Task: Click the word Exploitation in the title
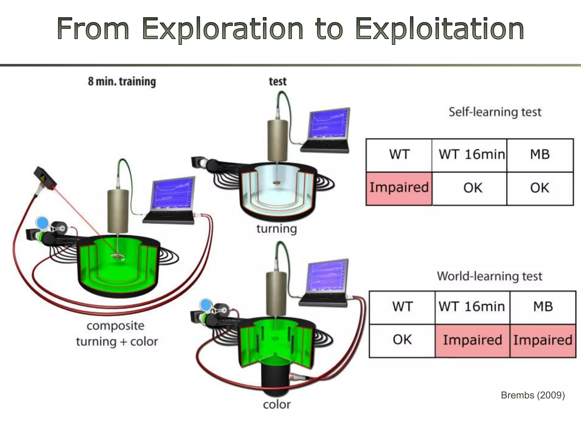click(439, 29)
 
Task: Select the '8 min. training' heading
click(122, 81)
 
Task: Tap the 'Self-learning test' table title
click(495, 112)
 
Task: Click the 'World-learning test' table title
click(489, 276)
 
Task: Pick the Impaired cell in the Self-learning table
click(399, 188)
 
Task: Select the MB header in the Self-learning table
click(540, 155)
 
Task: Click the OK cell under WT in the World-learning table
click(402, 340)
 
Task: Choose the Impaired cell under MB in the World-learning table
click(543, 340)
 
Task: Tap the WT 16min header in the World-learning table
click(472, 307)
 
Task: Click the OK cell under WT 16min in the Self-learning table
click(473, 188)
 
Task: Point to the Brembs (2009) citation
click(533, 395)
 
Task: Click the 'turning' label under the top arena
click(277, 229)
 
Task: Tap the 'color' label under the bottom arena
click(277, 405)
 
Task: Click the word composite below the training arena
click(115, 326)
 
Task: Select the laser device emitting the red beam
click(45, 179)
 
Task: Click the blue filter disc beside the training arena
click(43, 223)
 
